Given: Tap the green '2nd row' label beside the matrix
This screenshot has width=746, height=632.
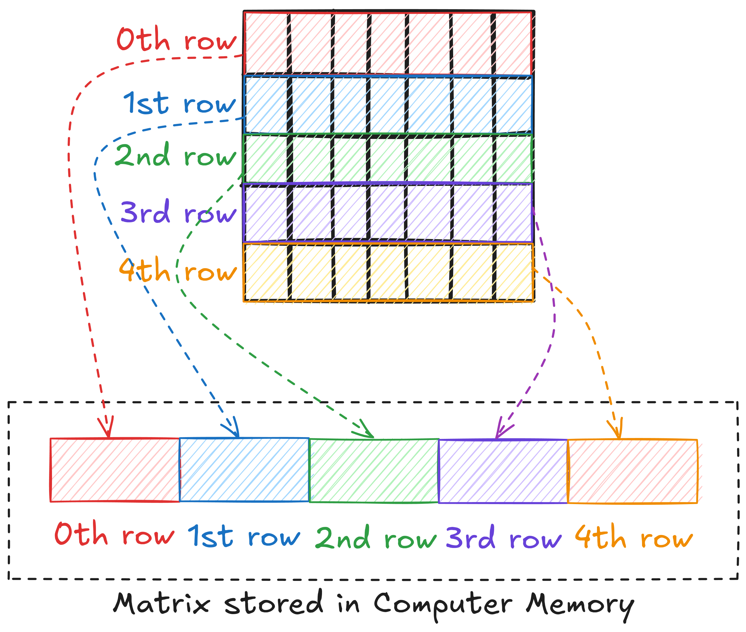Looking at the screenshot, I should tap(176, 156).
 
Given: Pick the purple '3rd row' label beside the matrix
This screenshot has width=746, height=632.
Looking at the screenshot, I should tap(178, 212).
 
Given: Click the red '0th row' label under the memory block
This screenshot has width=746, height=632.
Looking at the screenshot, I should tap(114, 534).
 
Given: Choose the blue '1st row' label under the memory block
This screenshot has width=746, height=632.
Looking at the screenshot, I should tap(244, 536).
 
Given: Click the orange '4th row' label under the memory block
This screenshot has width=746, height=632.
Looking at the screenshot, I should tap(633, 537).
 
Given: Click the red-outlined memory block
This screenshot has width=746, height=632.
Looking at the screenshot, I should tap(115, 470).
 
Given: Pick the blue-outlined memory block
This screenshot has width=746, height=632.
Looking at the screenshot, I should tap(244, 470).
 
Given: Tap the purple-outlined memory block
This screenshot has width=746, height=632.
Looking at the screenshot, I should tap(503, 471).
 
